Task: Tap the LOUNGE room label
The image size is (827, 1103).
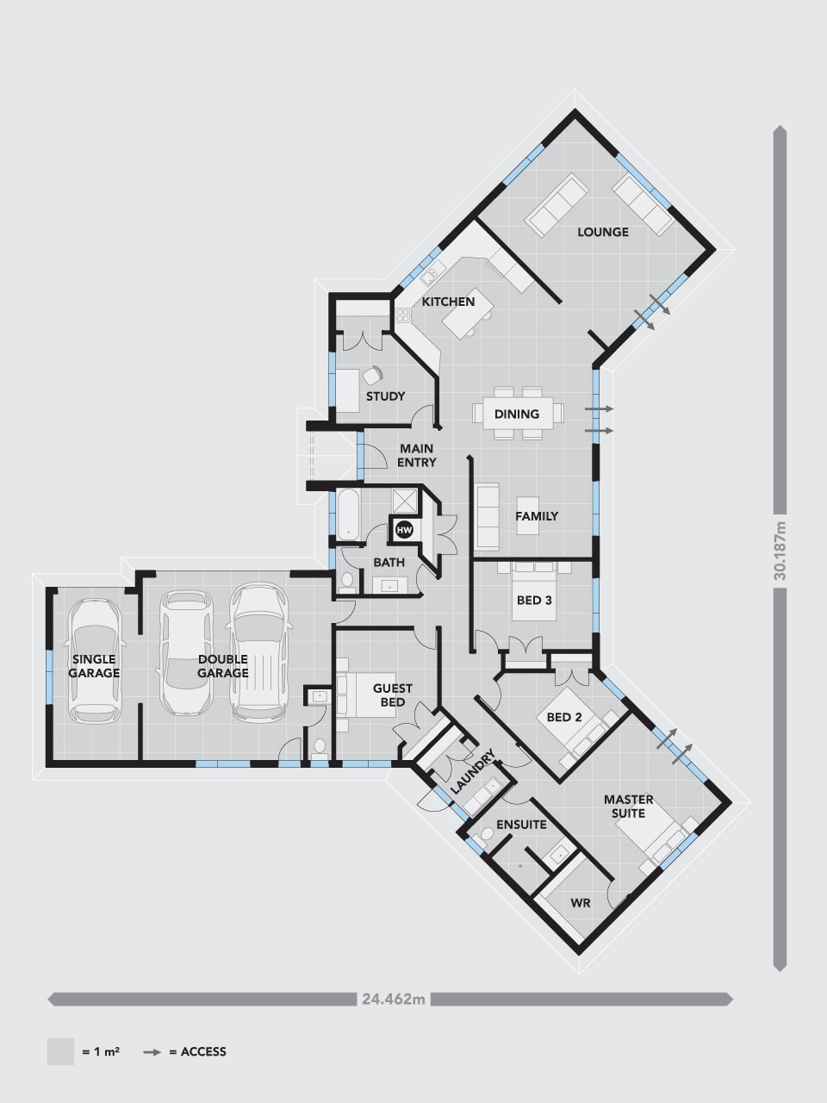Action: pyautogui.click(x=603, y=232)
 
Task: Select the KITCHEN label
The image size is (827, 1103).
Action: pyautogui.click(x=448, y=302)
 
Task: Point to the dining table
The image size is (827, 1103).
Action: pyautogui.click(x=517, y=414)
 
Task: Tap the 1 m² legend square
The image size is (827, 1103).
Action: pyautogui.click(x=60, y=1051)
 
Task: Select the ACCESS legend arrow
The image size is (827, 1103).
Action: pyautogui.click(x=153, y=1051)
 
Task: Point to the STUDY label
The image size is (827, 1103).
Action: pyautogui.click(x=385, y=396)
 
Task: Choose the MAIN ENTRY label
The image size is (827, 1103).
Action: pyautogui.click(x=416, y=455)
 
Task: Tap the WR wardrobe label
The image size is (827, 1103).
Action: pyautogui.click(x=580, y=903)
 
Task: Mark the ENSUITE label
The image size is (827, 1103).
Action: pyautogui.click(x=521, y=824)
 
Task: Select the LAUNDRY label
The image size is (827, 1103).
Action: pyautogui.click(x=473, y=772)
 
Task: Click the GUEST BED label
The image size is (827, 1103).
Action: pyautogui.click(x=392, y=695)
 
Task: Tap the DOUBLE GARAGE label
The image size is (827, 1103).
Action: pyautogui.click(x=223, y=665)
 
